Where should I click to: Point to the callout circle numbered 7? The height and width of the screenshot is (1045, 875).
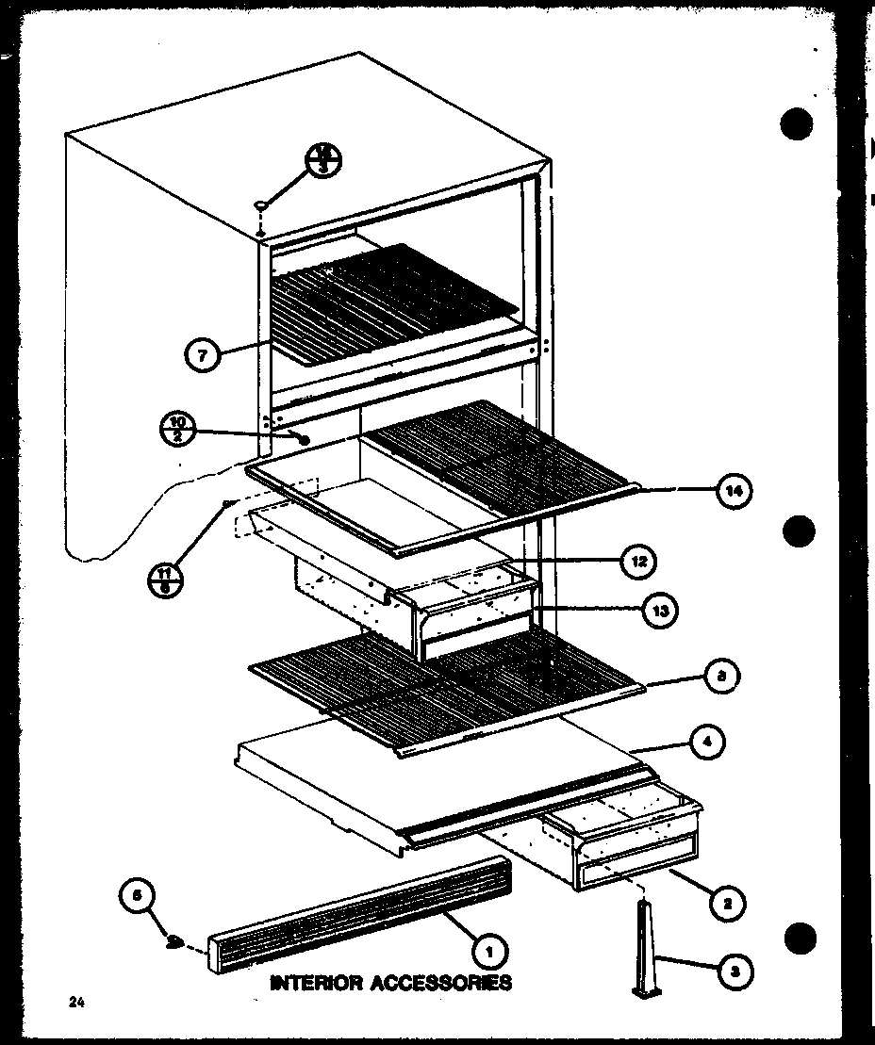(x=203, y=356)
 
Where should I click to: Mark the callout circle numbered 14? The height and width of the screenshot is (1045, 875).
(x=735, y=490)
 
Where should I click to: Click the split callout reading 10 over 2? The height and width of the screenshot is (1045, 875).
(x=175, y=429)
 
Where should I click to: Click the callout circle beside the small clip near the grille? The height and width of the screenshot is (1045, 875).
(x=138, y=897)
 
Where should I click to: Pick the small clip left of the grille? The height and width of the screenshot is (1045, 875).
(x=174, y=941)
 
